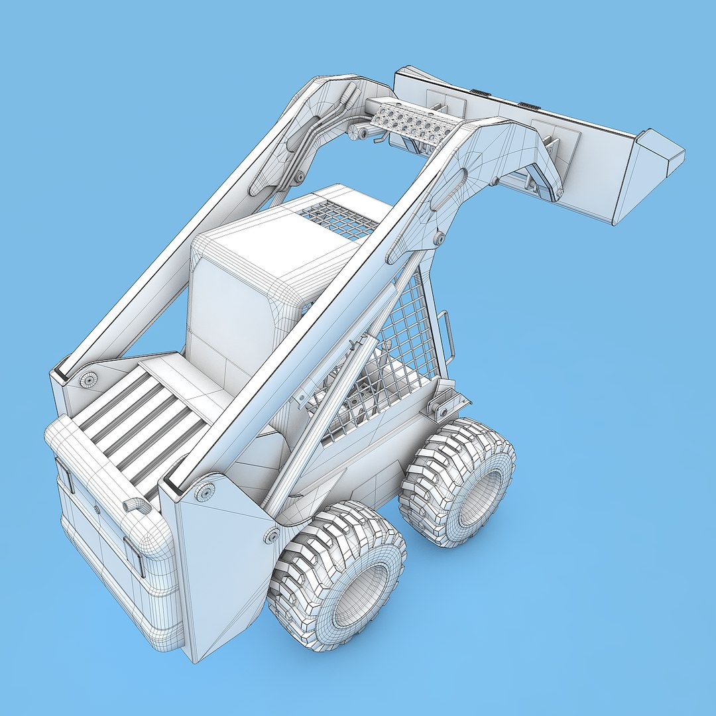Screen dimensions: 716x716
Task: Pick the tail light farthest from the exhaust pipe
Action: pyautogui.click(x=64, y=474)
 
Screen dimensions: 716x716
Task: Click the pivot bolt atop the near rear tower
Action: pyautogui.click(x=205, y=492)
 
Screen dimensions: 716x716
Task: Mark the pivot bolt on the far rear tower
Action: pyautogui.click(x=88, y=379)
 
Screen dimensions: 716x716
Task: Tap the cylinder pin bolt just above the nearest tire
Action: pyautogui.click(x=271, y=535)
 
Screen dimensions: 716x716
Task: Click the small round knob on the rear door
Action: pyautogui.click(x=97, y=509)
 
